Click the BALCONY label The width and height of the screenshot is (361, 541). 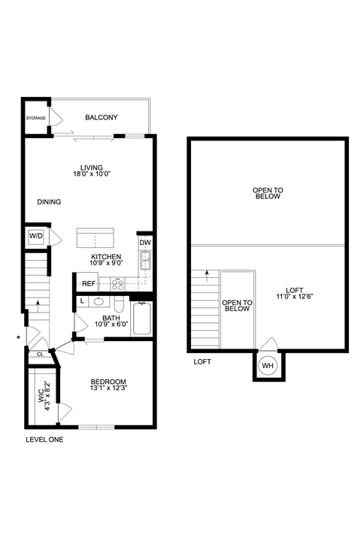[x=101, y=118]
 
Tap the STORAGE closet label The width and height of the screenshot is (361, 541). [x=36, y=119]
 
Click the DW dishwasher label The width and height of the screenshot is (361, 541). [x=145, y=243]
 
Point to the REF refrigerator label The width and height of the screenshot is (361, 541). [x=89, y=284]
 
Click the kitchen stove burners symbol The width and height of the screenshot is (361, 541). [x=118, y=284]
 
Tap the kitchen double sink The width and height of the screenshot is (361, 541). [x=145, y=262]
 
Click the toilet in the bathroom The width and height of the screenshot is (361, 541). [x=119, y=305]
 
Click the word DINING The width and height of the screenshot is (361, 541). [x=49, y=202]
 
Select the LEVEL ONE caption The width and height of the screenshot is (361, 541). [x=44, y=440]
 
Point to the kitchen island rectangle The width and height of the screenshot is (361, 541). [x=95, y=238]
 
